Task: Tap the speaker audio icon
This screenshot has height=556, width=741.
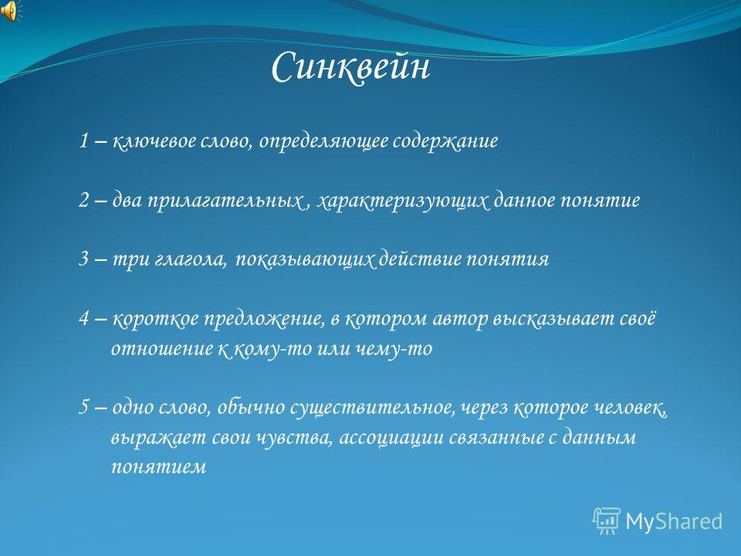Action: [x=10, y=11]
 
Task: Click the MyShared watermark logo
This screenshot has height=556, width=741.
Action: [x=658, y=521]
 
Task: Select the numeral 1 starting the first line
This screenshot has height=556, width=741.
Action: [x=83, y=141]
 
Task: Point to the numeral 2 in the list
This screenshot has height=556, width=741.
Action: [x=83, y=200]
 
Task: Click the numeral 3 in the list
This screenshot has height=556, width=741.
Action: [x=83, y=259]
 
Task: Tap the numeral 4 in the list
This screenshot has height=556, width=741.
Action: [x=84, y=318]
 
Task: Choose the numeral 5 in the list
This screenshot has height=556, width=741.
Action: [x=83, y=407]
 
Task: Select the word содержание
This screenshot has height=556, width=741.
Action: [x=445, y=141]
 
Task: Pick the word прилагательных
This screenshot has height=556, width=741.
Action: [x=225, y=201]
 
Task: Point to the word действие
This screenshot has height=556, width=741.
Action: [x=420, y=258]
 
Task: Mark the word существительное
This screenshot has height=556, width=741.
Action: [x=372, y=407]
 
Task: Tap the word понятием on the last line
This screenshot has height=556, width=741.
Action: [x=159, y=467]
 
